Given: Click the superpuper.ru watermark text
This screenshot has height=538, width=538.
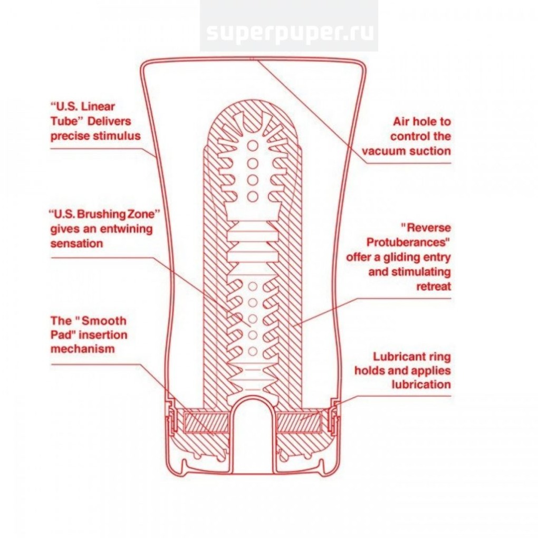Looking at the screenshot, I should click(289, 33).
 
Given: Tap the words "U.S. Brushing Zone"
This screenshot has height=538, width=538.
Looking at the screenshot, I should click(104, 215).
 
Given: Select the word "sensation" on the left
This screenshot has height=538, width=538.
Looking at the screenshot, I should click(76, 244).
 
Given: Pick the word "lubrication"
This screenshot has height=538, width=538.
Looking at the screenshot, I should click(421, 384).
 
